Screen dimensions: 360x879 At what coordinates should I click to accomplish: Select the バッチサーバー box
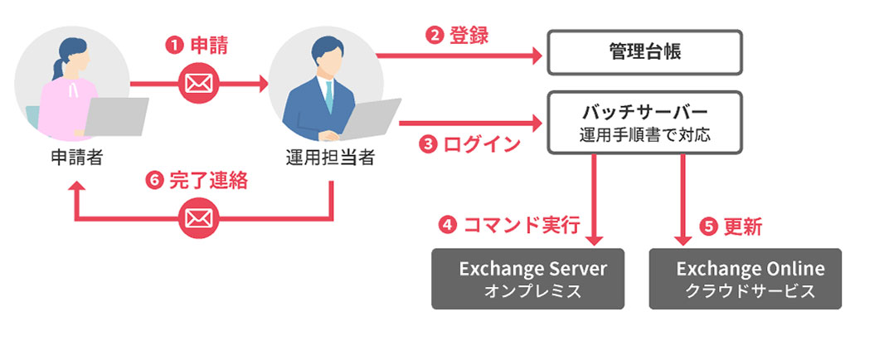tap(644, 123)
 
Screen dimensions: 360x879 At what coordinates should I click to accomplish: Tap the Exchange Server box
tap(527, 279)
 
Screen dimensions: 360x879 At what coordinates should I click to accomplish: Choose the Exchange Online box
tap(745, 279)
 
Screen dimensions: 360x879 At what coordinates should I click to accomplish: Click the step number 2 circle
tap(434, 36)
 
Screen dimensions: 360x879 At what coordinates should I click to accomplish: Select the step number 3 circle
tap(429, 144)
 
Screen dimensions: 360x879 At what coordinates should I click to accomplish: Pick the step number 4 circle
tap(449, 226)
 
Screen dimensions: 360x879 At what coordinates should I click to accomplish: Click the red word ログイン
tap(482, 144)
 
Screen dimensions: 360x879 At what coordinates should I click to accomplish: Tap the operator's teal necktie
tap(329, 99)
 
